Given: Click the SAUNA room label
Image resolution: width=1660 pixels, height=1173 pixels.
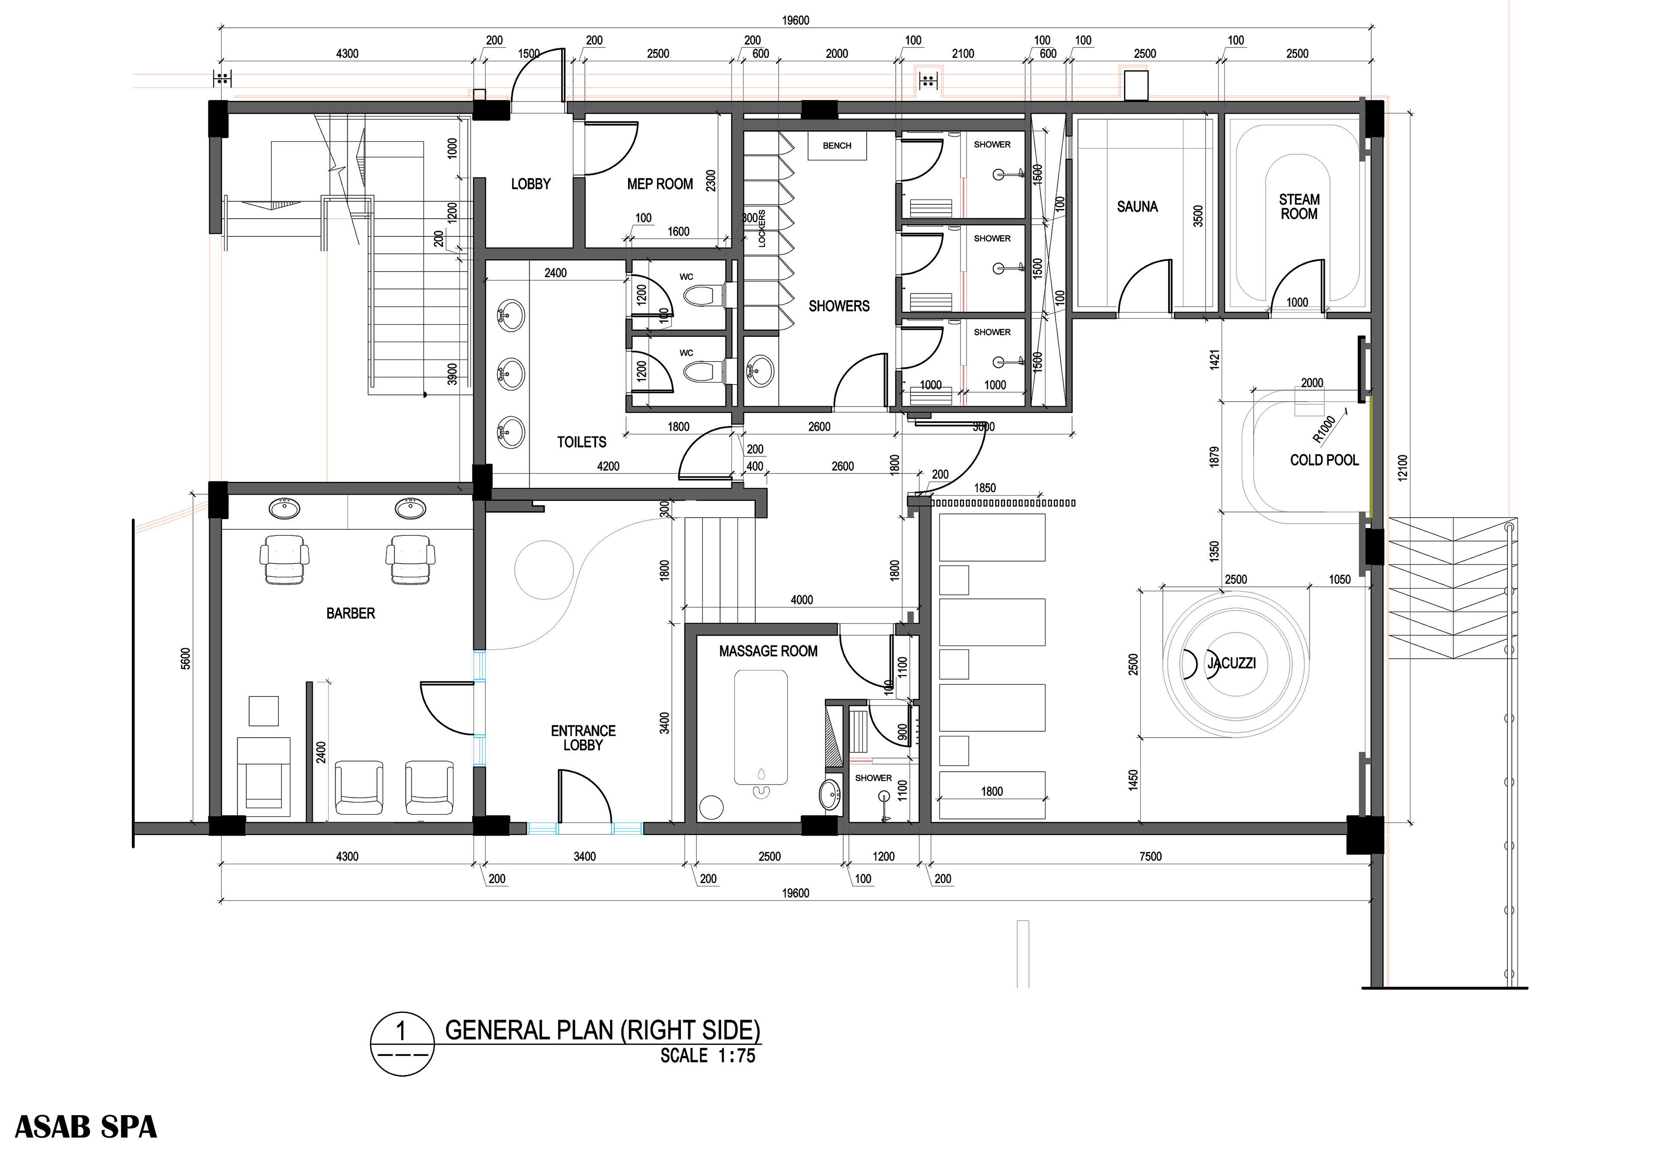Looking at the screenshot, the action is tap(1137, 207).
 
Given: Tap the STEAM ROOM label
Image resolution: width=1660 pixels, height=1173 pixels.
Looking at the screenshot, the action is tap(1299, 207).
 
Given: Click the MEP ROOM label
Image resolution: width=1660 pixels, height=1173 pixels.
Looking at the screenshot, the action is tap(660, 184).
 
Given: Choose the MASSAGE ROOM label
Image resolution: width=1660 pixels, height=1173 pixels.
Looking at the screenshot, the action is tap(768, 651).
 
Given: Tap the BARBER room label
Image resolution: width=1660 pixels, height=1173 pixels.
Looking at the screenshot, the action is tap(351, 614).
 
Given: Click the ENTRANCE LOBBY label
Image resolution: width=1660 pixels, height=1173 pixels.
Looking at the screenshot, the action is tap(583, 738).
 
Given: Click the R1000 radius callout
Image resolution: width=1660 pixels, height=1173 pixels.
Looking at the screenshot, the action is tap(1324, 429).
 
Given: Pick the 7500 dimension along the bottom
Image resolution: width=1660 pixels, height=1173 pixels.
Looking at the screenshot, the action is tap(1150, 856).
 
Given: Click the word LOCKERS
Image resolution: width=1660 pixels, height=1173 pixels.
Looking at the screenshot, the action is tap(761, 229).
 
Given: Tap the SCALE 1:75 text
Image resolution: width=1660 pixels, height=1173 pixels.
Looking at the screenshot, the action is tap(708, 1056).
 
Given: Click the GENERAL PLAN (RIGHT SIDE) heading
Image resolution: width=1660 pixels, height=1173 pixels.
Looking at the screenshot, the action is tap(602, 1029).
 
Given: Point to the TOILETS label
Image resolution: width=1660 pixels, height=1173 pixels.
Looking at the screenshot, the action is tap(581, 442).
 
